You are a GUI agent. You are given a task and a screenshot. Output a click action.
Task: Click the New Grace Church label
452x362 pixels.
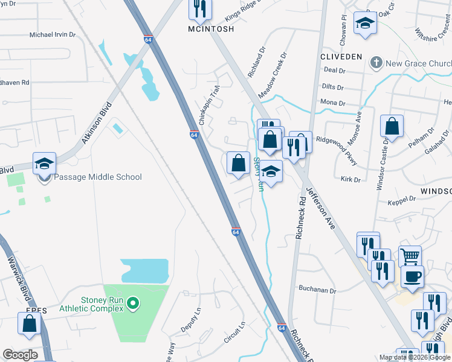pos(415,63)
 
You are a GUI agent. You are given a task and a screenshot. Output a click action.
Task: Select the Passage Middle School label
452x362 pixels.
pos(98,177)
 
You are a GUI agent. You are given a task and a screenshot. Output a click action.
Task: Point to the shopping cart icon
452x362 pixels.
pos(410,256)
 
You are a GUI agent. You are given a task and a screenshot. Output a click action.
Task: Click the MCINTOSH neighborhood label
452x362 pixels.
pos(210,28)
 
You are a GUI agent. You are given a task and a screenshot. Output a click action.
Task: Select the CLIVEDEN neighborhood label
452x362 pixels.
pos(341,57)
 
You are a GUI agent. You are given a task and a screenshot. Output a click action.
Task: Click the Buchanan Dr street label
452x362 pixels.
pos(317,290)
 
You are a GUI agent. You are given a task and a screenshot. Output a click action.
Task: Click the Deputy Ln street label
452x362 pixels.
pos(190,320)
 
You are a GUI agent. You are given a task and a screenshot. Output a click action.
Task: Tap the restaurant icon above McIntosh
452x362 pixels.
pos(199,8)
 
